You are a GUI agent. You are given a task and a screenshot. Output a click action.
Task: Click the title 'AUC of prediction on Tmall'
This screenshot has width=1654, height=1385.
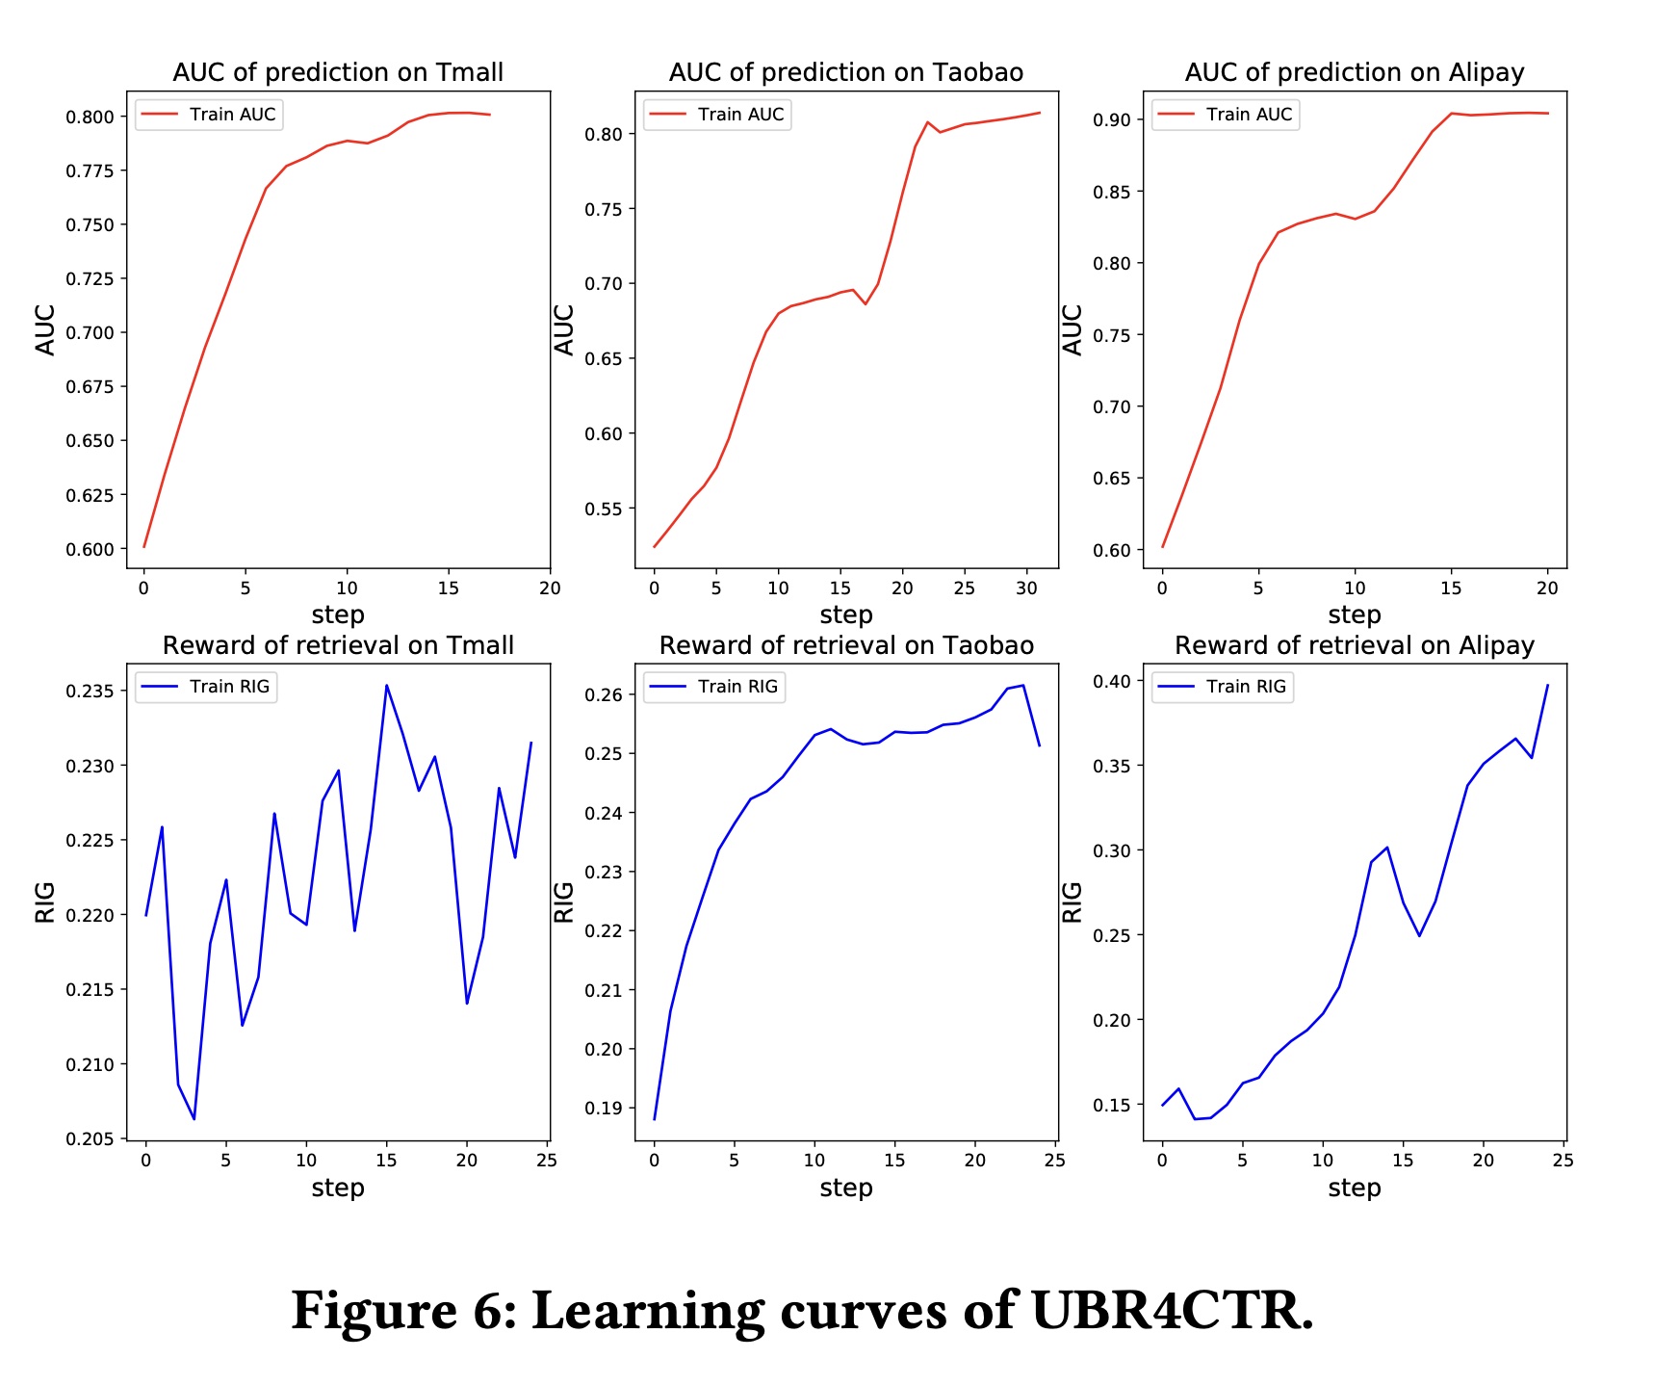tap(338, 72)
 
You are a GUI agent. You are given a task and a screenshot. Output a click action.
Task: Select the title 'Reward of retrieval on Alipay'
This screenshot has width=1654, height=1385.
tap(1354, 645)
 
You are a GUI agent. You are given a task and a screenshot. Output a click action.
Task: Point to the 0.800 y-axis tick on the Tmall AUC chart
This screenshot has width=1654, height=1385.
tap(90, 117)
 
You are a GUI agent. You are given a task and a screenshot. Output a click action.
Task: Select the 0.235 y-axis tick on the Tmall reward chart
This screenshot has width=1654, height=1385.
tap(90, 692)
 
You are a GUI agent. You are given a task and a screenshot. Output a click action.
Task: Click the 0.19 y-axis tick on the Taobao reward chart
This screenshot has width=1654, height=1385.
tap(603, 1108)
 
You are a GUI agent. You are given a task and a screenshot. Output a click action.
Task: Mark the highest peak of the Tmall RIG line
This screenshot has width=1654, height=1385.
tap(386, 686)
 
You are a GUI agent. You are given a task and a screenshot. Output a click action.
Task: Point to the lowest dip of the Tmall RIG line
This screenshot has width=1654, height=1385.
tap(194, 1119)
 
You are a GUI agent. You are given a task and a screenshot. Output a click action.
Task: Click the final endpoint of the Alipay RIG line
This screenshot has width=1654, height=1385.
tap(1547, 685)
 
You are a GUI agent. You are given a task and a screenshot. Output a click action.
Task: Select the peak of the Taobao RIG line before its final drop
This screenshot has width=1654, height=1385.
tap(1023, 686)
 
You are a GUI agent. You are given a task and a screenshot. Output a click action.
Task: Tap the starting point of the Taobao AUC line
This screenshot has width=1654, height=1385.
tap(655, 547)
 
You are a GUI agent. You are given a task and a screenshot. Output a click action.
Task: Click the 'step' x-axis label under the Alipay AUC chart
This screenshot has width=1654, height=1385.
tap(1354, 614)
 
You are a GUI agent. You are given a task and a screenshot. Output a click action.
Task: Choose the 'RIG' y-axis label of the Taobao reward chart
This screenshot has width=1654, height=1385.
tap(563, 902)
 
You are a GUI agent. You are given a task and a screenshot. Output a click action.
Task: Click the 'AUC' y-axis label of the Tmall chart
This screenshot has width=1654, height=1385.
tap(45, 330)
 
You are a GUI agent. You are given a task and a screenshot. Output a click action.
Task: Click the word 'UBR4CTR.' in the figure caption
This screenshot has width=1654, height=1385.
tap(1172, 1311)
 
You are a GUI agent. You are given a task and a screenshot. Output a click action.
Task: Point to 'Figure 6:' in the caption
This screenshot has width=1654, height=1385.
tap(404, 1311)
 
